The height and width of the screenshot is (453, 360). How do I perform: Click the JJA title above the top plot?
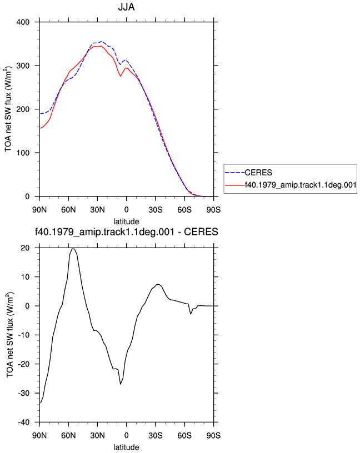click(126, 7)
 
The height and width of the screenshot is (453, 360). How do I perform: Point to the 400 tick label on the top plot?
click(23, 22)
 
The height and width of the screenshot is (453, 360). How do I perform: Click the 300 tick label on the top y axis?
click(23, 66)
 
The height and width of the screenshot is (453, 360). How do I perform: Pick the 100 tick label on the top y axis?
click(23, 153)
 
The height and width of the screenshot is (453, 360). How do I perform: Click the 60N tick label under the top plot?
click(68, 210)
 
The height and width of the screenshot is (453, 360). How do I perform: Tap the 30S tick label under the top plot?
click(156, 210)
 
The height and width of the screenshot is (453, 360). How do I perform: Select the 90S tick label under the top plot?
click(213, 210)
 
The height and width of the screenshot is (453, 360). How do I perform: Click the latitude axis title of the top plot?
click(126, 222)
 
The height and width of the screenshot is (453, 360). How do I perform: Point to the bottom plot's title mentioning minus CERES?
click(126, 231)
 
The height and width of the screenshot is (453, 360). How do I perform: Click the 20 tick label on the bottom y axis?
click(25, 248)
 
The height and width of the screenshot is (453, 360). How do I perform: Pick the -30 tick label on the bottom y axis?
click(23, 394)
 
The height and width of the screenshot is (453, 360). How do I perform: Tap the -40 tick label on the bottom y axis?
click(23, 422)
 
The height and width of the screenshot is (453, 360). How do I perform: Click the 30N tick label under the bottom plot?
click(97, 436)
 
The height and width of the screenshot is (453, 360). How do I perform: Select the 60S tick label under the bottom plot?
click(184, 436)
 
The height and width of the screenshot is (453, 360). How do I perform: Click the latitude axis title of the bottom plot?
click(126, 447)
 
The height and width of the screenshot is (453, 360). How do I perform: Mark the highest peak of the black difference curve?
click(73, 249)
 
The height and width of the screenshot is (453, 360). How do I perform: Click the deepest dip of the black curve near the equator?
click(121, 384)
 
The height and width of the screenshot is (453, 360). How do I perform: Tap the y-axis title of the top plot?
click(8, 109)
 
